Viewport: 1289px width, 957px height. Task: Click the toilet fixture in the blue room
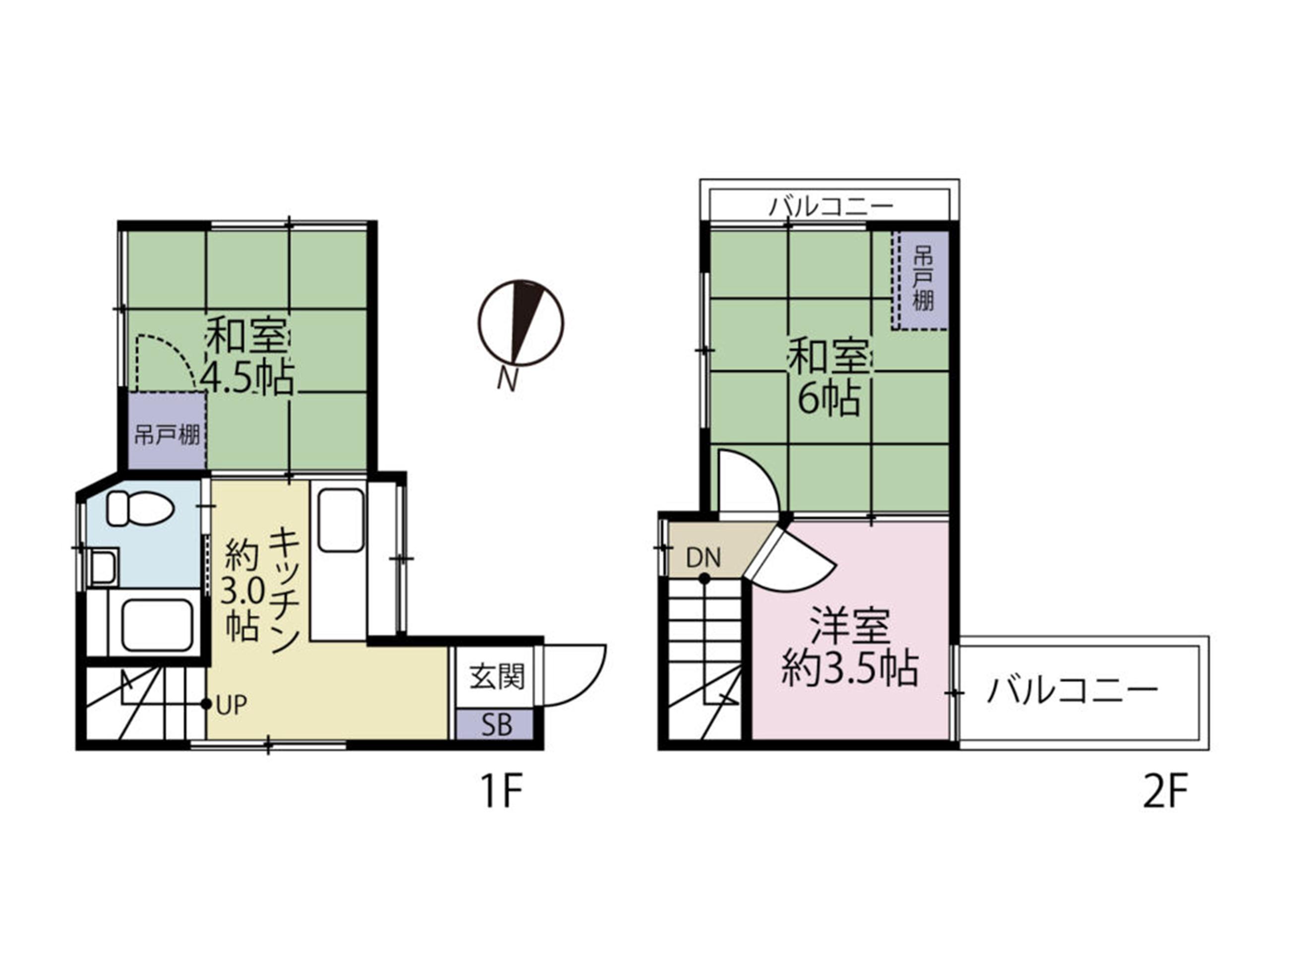tap(140, 508)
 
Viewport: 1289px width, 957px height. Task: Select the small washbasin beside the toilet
tap(103, 567)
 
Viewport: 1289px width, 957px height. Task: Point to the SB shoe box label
tap(497, 725)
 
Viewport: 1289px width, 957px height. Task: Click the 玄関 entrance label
tap(497, 677)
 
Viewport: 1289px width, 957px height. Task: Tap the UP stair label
tap(232, 705)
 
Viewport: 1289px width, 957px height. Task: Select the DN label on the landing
tap(703, 558)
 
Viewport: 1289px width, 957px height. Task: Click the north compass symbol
tap(520, 323)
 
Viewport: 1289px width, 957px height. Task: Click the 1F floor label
tap(502, 792)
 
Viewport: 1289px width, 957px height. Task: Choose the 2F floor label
tap(1165, 792)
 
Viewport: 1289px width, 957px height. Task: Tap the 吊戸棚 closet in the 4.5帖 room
tap(167, 430)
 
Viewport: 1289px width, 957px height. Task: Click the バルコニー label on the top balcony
tap(831, 206)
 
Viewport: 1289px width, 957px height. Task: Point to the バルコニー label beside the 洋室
tap(1072, 691)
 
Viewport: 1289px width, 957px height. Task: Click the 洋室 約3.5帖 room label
tap(850, 647)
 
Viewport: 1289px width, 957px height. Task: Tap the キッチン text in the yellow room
tap(284, 589)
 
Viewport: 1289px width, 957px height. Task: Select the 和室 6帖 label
tap(829, 378)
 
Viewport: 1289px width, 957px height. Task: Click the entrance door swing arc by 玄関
tap(589, 689)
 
